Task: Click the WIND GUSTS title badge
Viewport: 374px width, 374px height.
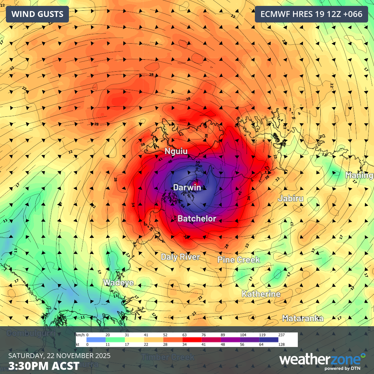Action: click(x=37, y=14)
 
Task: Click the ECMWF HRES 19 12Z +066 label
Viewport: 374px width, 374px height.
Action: click(x=311, y=14)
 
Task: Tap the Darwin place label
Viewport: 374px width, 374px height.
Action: click(x=187, y=187)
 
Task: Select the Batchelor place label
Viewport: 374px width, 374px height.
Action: click(x=197, y=219)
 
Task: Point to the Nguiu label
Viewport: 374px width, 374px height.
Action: click(x=176, y=151)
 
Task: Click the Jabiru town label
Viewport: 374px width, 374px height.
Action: click(x=291, y=198)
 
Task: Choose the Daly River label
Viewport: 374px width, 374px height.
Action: click(x=180, y=257)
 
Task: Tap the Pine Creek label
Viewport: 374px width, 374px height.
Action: click(x=239, y=260)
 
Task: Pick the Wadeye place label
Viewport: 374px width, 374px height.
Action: click(x=118, y=283)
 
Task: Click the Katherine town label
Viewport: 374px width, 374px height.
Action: click(x=261, y=294)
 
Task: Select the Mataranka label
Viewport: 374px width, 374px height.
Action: click(x=303, y=318)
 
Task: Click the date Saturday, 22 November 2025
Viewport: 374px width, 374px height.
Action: click(x=59, y=356)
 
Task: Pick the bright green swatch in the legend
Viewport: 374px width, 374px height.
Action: click(x=115, y=340)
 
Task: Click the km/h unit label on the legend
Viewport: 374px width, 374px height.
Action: click(x=80, y=335)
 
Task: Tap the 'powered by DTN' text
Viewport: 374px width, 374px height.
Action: click(x=342, y=368)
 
